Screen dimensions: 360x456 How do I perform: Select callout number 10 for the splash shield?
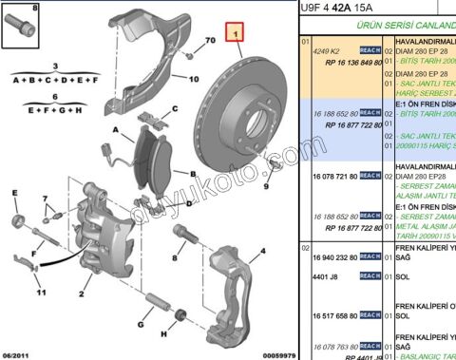tap(193, 82)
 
